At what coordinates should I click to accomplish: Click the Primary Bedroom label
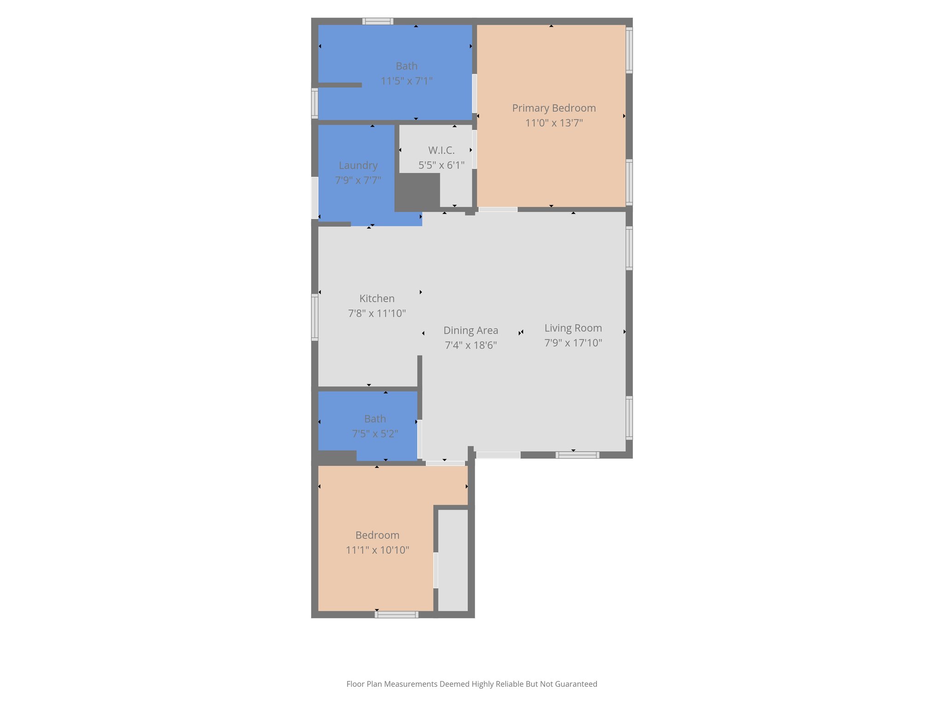click(x=554, y=108)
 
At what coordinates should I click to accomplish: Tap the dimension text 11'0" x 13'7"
click(x=554, y=123)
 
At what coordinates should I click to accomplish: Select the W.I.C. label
click(x=441, y=150)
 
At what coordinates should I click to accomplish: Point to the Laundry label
click(x=358, y=165)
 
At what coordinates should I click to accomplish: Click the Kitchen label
click(x=377, y=299)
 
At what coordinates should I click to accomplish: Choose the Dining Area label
click(x=471, y=330)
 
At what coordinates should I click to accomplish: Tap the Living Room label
click(x=573, y=328)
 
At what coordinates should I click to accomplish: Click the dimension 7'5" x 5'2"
click(x=375, y=434)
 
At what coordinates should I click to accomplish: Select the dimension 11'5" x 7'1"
click(x=406, y=81)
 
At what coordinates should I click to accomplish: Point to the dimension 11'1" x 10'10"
click(x=377, y=550)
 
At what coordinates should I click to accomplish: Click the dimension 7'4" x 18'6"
click(x=471, y=345)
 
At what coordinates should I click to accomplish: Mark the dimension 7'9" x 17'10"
click(x=573, y=343)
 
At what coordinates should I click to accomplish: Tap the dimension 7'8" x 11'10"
click(x=377, y=313)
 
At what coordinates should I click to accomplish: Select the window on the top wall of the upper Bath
click(x=378, y=21)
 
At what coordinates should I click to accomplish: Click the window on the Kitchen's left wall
click(x=315, y=317)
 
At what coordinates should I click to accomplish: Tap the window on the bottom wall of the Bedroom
click(x=396, y=614)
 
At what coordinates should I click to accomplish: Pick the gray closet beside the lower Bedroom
click(x=453, y=560)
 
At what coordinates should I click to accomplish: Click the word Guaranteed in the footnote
click(x=576, y=684)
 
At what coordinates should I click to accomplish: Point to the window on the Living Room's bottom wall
click(x=577, y=455)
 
